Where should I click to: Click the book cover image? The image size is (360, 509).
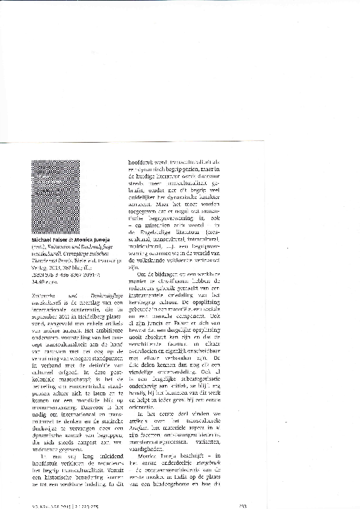tap(55, 196)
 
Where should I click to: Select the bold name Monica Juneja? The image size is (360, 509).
tap(90, 239)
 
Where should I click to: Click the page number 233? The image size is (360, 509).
tap(242, 505)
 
